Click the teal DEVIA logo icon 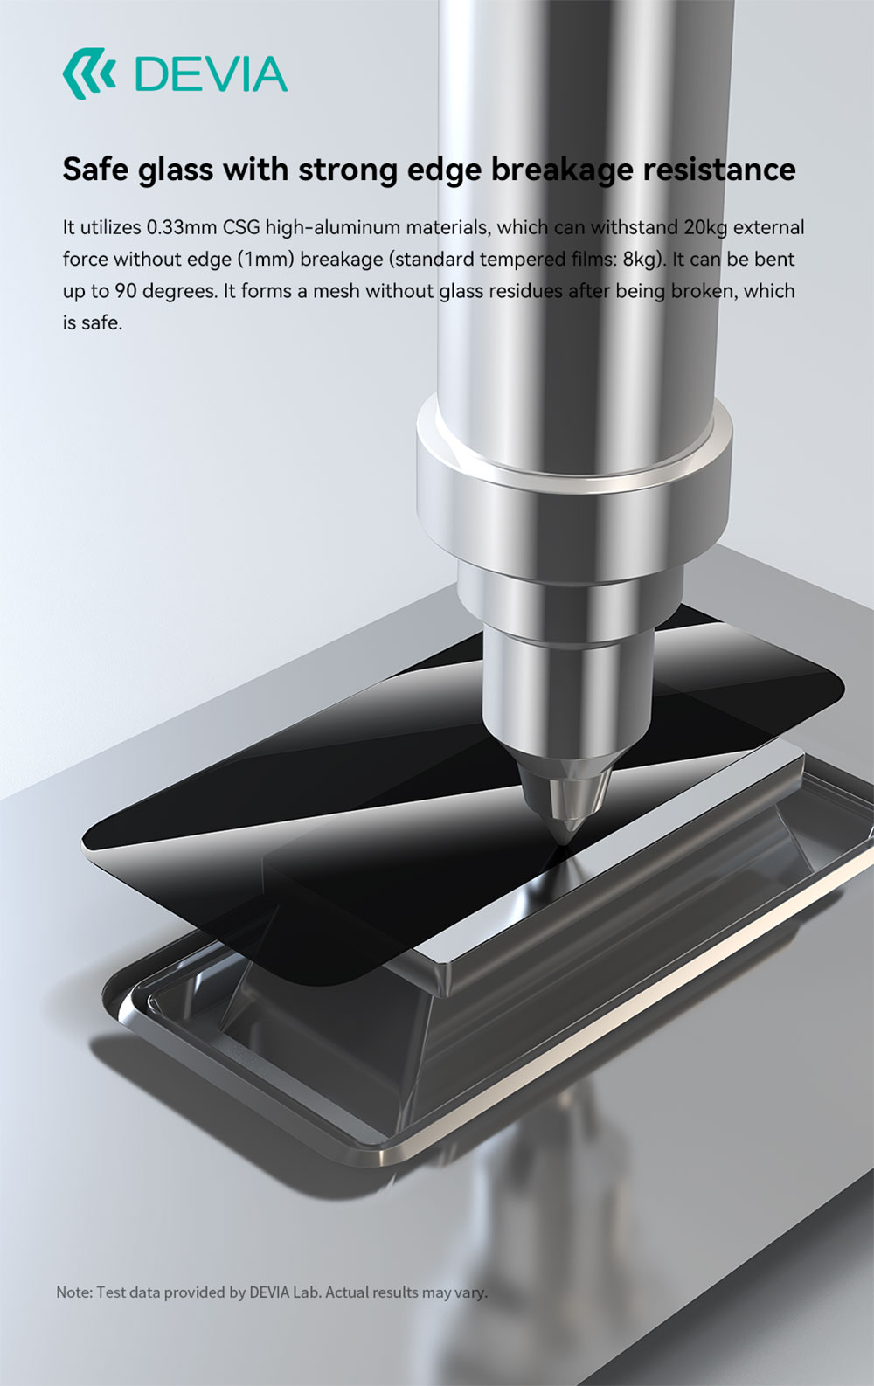(x=89, y=74)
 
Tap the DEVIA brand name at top (x=211, y=74)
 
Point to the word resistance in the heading (x=718, y=169)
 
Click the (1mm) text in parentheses (x=266, y=260)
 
